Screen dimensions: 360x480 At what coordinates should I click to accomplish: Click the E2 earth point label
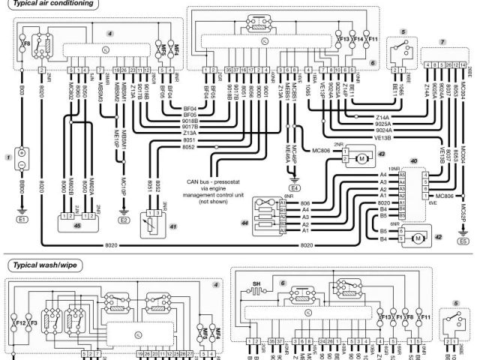pyautogui.click(x=124, y=221)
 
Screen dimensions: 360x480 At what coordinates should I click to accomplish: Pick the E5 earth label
pyautogui.click(x=463, y=241)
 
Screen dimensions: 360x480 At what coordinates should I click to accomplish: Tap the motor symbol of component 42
pyautogui.click(x=415, y=238)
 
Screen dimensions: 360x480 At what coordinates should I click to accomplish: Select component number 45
pyautogui.click(x=76, y=223)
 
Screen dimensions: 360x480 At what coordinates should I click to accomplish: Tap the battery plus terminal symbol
pyautogui.click(x=22, y=153)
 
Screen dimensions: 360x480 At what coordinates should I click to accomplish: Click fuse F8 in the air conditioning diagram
pyautogui.click(x=26, y=44)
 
